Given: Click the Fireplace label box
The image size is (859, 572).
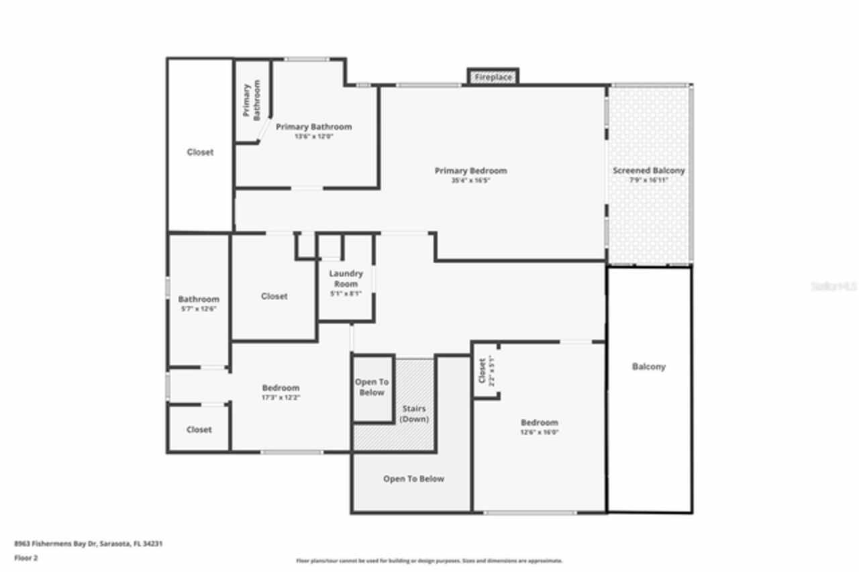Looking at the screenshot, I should coord(493,77).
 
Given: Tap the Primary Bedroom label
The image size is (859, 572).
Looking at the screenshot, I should coord(470,171).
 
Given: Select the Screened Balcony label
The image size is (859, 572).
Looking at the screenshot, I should coord(648,171).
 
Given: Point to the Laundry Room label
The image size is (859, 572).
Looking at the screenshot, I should coord(346,279).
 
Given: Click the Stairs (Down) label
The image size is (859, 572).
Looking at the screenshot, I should coord(414,414).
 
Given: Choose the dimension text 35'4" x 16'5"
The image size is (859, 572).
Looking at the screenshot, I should coord(470,181).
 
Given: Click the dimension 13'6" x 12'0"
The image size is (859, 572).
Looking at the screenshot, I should coord(313,136).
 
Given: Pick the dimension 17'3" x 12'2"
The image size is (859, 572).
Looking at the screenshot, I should coord(281,397).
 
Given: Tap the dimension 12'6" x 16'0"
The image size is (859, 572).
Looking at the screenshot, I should coord(540,432).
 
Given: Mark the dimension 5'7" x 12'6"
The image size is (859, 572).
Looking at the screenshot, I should coord(199,309).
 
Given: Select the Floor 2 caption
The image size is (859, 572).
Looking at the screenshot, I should coord(26,557).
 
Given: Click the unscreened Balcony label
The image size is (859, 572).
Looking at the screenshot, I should coord(649,367).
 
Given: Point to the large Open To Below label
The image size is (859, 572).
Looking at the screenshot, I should coord(413,479).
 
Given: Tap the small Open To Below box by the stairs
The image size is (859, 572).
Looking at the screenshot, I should coord(372,387).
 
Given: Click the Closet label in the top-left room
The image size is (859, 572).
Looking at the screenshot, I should coord(200,152).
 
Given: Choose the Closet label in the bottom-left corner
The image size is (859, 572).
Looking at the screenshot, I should coord(199,430).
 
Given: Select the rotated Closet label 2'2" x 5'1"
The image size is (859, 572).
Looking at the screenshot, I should coord(486,371).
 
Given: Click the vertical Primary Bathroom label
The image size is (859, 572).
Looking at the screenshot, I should coord(252,101).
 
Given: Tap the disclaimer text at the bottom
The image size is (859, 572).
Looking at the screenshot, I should coord(429,561).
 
